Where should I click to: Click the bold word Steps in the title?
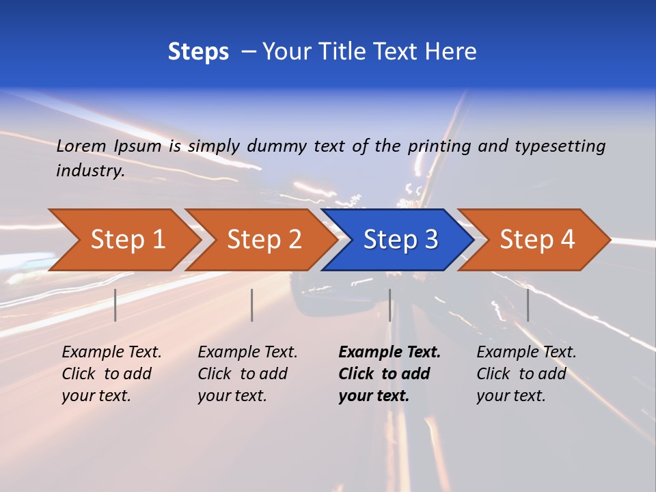pos(198,52)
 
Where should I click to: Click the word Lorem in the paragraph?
pos(81,146)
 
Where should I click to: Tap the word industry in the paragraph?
pos(90,171)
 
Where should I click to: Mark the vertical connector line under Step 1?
pos(115,305)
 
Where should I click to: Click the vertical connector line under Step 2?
pos(252,305)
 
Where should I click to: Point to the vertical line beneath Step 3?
pos(389,305)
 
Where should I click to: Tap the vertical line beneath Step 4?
pos(528,305)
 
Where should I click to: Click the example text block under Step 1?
pos(111,374)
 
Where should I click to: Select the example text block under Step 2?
pos(247,374)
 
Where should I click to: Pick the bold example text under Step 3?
pos(389,374)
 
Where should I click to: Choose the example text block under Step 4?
pos(526,374)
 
